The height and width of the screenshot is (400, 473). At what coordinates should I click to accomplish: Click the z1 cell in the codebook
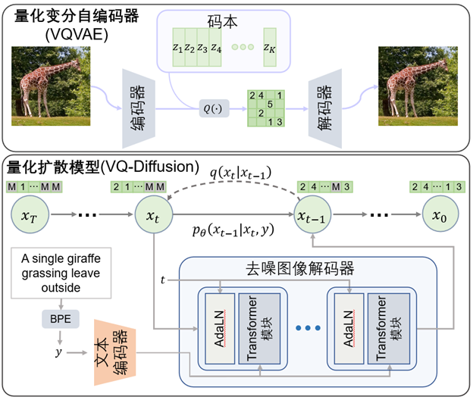click(x=178, y=48)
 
